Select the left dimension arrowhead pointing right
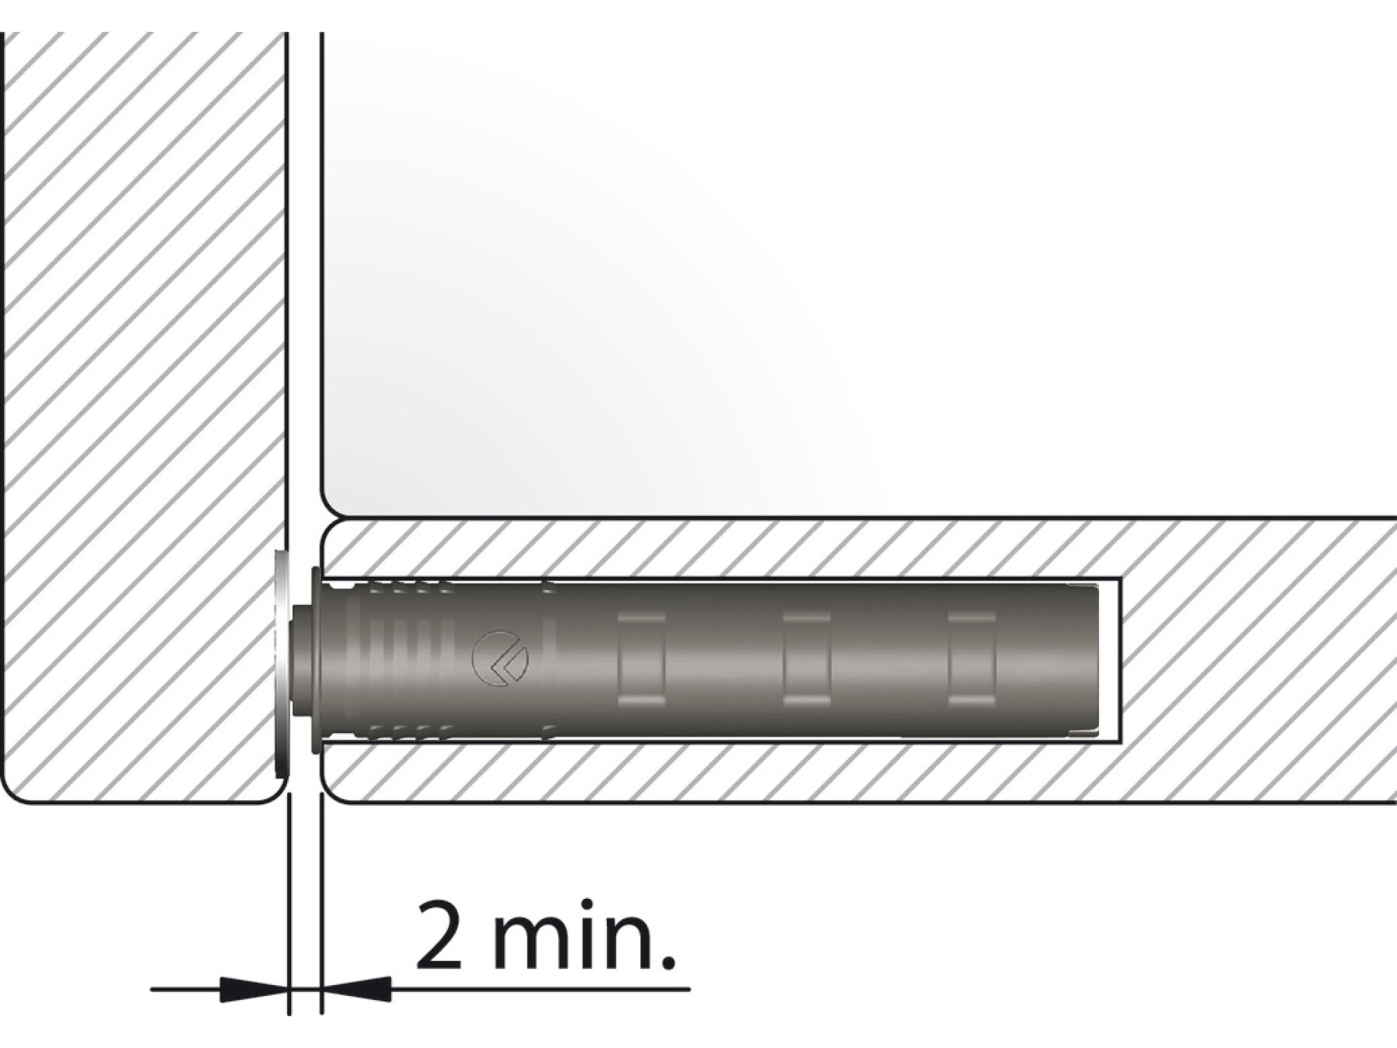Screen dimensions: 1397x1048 (252, 989)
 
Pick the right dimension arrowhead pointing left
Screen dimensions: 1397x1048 (356, 989)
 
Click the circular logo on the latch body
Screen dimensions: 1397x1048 (500, 660)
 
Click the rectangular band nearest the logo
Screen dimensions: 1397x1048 (641, 660)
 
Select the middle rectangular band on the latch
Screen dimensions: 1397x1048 (806, 660)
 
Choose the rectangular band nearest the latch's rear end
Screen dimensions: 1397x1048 (972, 660)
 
